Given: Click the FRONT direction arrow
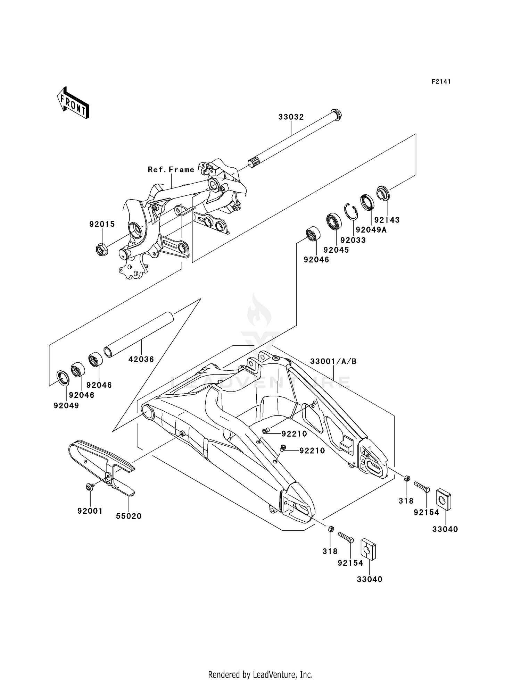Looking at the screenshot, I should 73,103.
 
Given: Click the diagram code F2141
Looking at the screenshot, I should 441,82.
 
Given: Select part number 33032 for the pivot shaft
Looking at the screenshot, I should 291,117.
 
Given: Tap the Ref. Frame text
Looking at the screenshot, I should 171,170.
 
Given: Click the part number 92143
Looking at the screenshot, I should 387,220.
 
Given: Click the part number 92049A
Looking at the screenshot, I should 371,230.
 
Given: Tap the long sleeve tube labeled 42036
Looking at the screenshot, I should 139,334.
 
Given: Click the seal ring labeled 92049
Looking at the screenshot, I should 63,378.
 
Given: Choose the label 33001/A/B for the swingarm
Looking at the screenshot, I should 333,361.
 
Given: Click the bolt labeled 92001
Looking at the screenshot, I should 89,487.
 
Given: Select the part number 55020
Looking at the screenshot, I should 129,516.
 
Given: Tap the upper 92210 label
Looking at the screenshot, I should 294,434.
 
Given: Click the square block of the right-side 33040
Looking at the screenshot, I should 444,499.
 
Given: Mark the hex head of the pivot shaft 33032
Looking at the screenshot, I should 337,113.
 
